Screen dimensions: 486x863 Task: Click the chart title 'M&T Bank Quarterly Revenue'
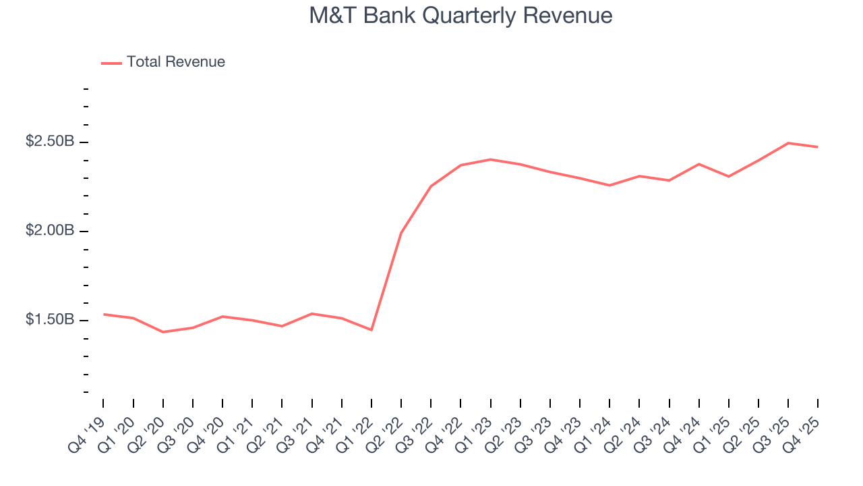tap(460, 16)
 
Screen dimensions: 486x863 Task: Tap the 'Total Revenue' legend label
tap(175, 62)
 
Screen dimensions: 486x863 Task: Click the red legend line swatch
tap(111, 63)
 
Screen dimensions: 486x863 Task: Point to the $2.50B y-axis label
tap(50, 142)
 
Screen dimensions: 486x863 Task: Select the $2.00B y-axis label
tap(50, 231)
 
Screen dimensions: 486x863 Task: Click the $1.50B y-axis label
tap(50, 320)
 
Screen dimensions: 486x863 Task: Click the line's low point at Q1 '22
tap(371, 330)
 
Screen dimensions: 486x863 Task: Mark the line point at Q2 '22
tap(401, 233)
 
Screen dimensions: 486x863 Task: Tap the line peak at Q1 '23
tap(490, 159)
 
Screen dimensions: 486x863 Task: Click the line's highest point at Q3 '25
tap(788, 143)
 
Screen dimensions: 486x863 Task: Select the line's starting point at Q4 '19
tap(104, 314)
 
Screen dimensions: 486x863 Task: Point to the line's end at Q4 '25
tap(817, 147)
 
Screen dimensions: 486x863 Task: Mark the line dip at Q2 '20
tap(163, 332)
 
